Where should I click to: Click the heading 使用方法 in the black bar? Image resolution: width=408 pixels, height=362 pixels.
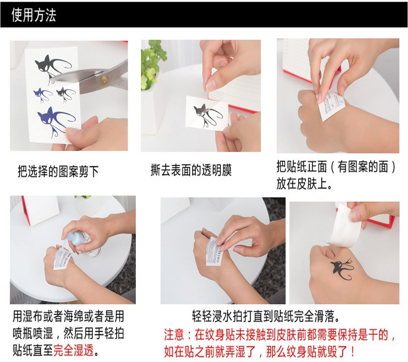pyautogui.click(x=34, y=14)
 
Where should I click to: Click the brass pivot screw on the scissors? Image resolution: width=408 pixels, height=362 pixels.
pyautogui.click(x=104, y=81)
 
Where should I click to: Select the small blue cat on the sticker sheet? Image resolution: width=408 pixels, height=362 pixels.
pyautogui.click(x=43, y=95)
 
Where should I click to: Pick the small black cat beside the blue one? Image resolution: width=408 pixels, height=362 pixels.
pyautogui.click(x=66, y=94)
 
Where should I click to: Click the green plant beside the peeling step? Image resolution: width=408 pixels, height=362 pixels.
pyautogui.click(x=152, y=63)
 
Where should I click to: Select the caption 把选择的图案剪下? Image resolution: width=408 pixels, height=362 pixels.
pyautogui.click(x=58, y=172)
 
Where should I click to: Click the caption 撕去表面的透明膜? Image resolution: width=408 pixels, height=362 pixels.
pyautogui.click(x=191, y=170)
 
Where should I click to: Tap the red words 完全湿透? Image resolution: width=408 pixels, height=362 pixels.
pyautogui.click(x=73, y=350)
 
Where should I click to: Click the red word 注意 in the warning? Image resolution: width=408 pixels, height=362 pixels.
pyautogui.click(x=174, y=335)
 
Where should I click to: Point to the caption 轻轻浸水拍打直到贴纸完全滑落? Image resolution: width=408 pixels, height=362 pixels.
pyautogui.click(x=266, y=316)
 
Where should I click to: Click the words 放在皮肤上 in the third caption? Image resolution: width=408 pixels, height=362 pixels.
pyautogui.click(x=301, y=184)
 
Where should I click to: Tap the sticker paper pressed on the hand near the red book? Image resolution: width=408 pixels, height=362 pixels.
pyautogui.click(x=331, y=105)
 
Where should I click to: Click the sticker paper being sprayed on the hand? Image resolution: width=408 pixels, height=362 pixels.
pyautogui.click(x=62, y=259)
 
